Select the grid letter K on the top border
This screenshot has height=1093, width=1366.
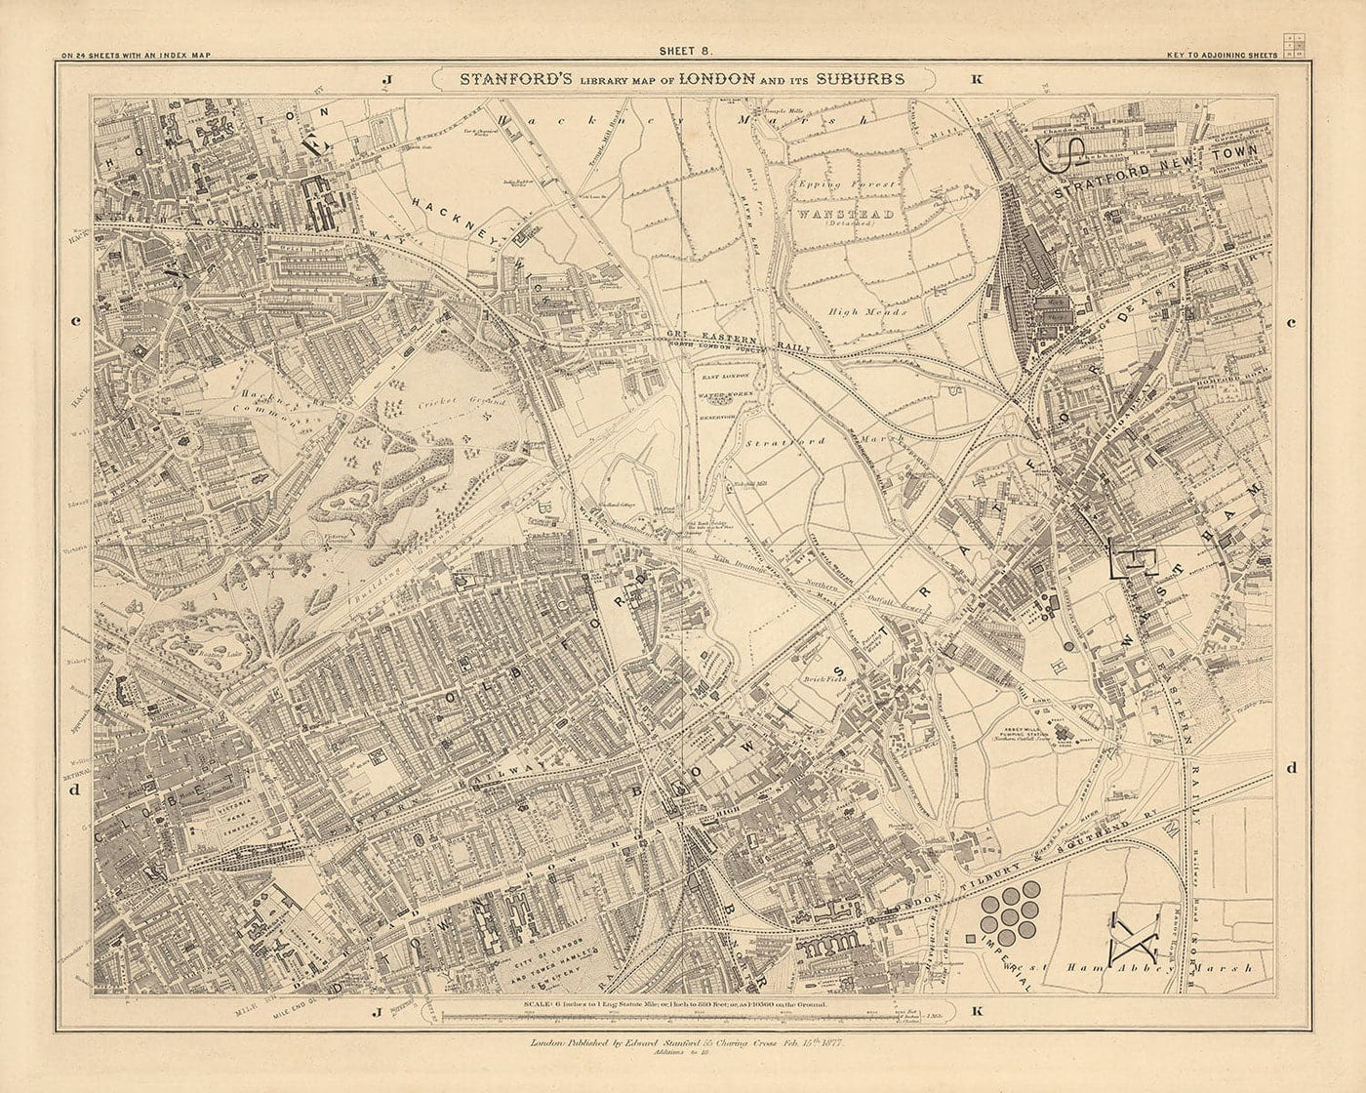coord(977,80)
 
